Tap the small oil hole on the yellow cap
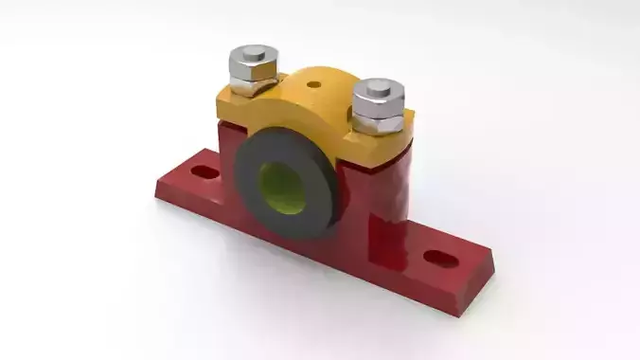[313, 84]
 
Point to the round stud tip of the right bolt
[378, 87]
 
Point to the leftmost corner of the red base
[156, 195]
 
